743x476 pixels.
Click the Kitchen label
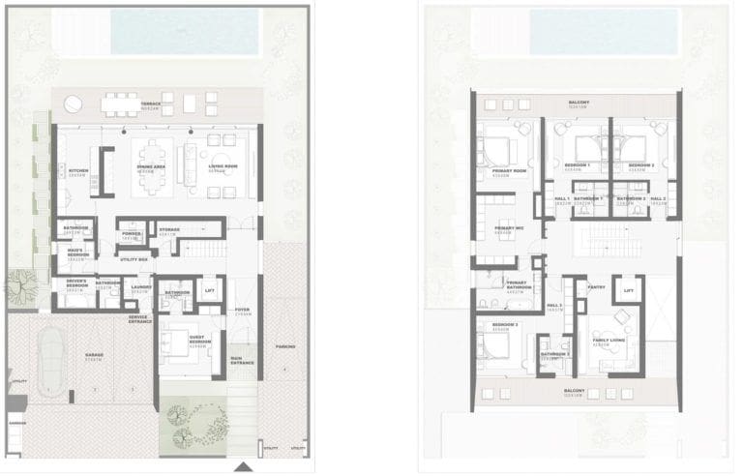click(78, 171)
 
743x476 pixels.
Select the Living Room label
click(224, 167)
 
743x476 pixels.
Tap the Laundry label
click(140, 286)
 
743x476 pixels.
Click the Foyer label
click(242, 312)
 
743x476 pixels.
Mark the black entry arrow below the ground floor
click(244, 467)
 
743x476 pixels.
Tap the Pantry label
click(597, 286)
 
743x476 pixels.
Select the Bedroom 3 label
click(505, 325)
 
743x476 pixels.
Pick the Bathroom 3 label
click(554, 355)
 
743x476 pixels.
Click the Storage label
click(169, 230)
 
